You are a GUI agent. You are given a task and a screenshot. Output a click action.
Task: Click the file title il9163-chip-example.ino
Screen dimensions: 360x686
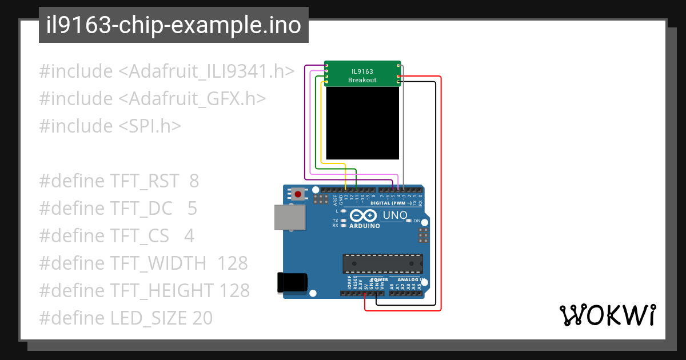(174, 26)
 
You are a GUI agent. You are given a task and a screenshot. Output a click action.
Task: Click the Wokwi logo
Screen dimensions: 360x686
(607, 315)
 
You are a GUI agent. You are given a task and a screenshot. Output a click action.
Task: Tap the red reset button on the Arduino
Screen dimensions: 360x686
(298, 195)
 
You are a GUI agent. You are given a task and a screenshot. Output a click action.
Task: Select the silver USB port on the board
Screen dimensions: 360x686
(290, 217)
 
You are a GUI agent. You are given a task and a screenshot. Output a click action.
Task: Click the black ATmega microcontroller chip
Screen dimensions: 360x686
(382, 263)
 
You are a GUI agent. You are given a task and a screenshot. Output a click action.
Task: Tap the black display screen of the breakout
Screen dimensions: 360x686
(362, 123)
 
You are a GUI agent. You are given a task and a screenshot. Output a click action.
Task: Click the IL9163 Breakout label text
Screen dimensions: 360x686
(362, 76)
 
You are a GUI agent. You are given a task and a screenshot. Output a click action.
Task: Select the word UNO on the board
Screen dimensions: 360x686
(394, 215)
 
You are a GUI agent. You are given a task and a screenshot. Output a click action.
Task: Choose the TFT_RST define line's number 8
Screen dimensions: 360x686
(194, 181)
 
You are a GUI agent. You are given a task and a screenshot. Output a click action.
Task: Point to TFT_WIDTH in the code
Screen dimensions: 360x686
(158, 263)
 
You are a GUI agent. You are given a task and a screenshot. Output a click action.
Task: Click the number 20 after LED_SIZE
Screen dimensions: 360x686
(202, 318)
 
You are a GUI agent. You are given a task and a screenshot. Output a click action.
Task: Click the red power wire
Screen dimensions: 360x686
(441, 194)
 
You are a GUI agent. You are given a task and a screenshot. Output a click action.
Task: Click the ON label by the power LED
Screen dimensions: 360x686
(417, 221)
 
